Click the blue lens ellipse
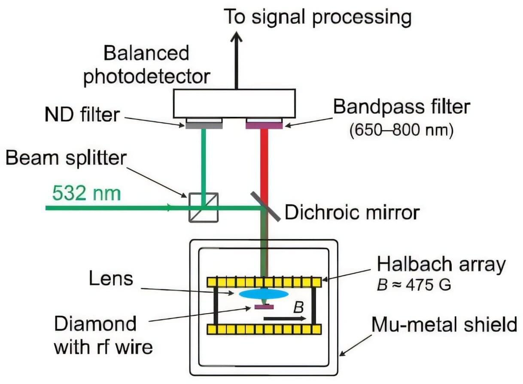[x=264, y=294]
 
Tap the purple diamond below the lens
[x=264, y=307]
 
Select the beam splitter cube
[x=204, y=207]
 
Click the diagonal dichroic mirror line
[x=265, y=207]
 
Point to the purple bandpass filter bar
[x=264, y=126]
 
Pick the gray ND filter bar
[x=204, y=126]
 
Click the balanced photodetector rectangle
[x=234, y=104]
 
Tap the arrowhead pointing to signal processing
[x=236, y=37]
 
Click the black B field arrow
[x=285, y=319]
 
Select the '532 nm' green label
[x=86, y=193]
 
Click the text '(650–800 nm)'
[x=401, y=130]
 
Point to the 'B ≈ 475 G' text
[x=414, y=285]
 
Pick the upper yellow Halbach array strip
[x=265, y=282]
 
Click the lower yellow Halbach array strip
[x=265, y=329]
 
